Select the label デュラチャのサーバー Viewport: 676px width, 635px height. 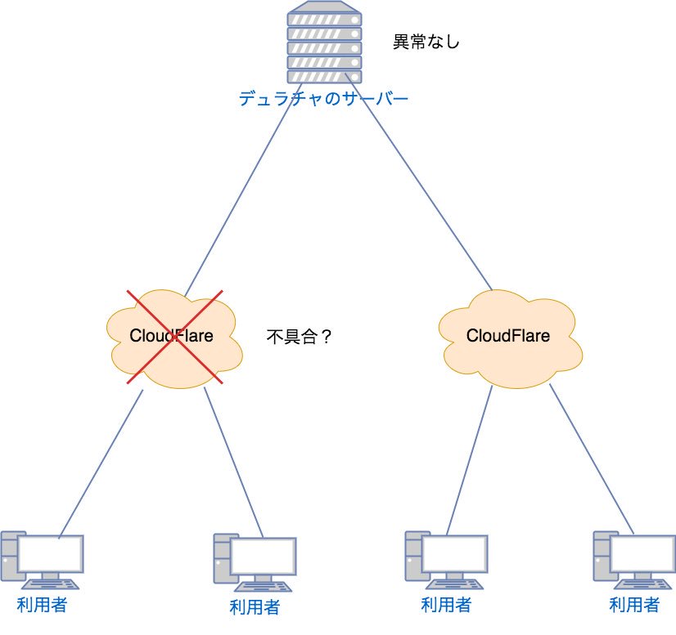pyautogui.click(x=323, y=100)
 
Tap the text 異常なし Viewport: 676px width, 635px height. pyautogui.click(x=426, y=42)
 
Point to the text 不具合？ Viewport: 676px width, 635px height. pyautogui.click(x=300, y=336)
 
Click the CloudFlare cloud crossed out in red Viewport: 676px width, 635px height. pyautogui.click(x=174, y=336)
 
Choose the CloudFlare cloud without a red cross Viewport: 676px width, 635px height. pyautogui.click(x=507, y=336)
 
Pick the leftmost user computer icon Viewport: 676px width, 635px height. pyautogui.click(x=42, y=560)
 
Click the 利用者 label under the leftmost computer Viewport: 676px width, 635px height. pyautogui.click(x=42, y=606)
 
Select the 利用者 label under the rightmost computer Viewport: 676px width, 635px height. pyautogui.click(x=634, y=606)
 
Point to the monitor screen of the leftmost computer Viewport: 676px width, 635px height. pyautogui.click(x=51, y=553)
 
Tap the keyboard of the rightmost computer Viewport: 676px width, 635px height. pyautogui.click(x=644, y=584)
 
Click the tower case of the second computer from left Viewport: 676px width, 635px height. pyautogui.click(x=221, y=559)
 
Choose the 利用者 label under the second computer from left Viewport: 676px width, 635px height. pyautogui.click(x=255, y=607)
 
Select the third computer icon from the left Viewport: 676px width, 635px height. pyautogui.click(x=446, y=560)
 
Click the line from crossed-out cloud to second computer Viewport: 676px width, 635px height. pyautogui.click(x=233, y=462)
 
